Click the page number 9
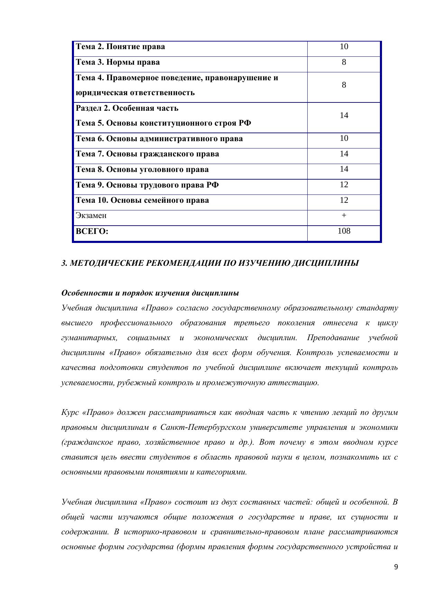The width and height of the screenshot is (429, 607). (x=396, y=567)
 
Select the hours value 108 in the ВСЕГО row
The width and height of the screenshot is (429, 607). (x=344, y=231)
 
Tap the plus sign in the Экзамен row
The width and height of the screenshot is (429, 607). (x=344, y=215)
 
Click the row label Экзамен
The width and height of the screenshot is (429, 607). (x=91, y=216)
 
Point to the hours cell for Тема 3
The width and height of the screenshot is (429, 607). (x=344, y=62)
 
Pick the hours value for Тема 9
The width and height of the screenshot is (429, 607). (x=344, y=184)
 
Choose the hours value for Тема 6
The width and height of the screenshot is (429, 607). (x=344, y=138)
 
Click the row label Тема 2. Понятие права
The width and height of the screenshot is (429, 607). (x=120, y=47)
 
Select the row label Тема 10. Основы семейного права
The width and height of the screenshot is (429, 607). (x=142, y=200)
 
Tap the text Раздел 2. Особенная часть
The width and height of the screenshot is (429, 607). (x=127, y=108)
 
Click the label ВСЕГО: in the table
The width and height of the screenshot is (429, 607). (x=92, y=231)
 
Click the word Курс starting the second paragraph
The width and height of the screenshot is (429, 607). (x=70, y=413)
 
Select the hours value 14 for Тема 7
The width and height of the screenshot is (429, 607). (x=344, y=154)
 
